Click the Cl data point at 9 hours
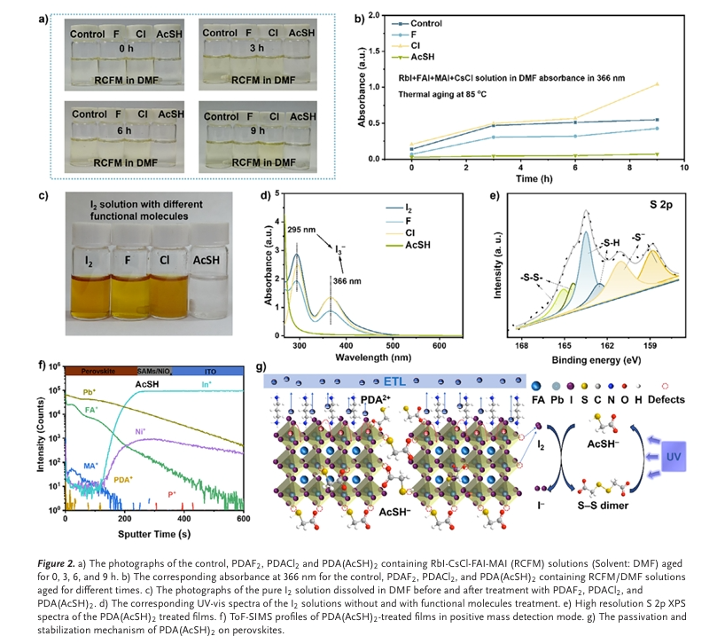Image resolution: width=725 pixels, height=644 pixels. (x=657, y=84)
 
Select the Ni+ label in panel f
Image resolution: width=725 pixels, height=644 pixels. (x=141, y=432)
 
